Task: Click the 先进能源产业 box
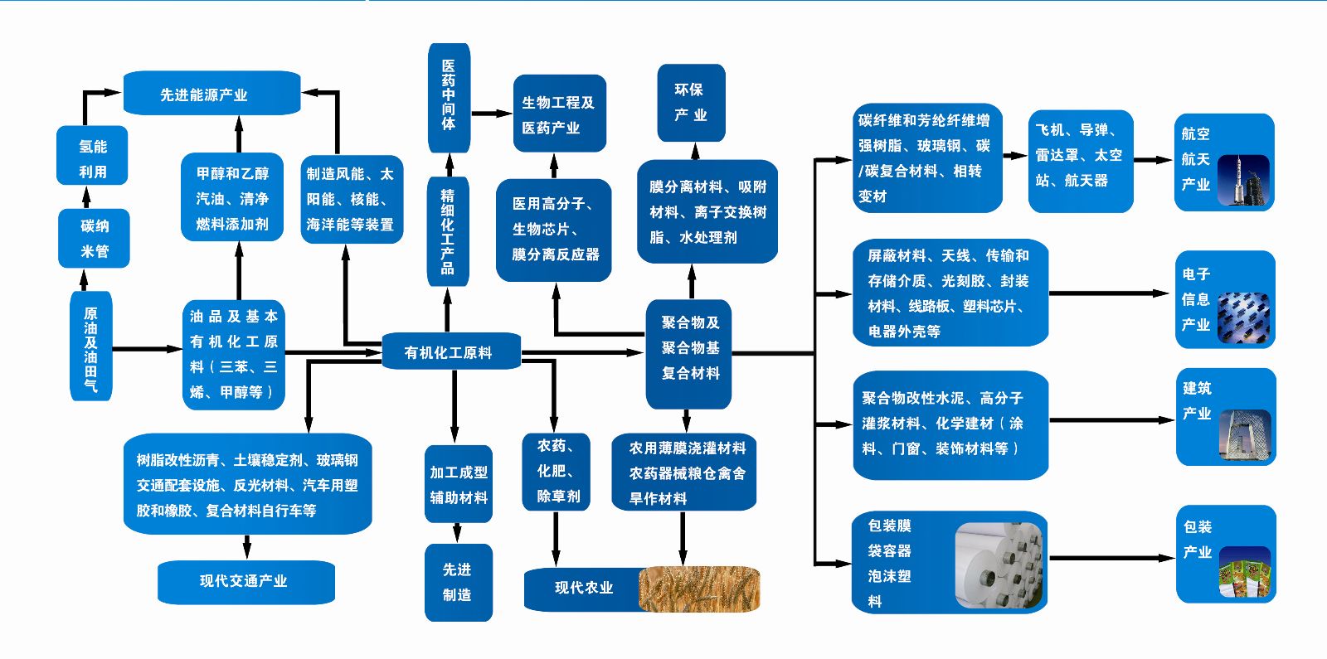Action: click(x=211, y=94)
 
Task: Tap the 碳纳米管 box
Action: click(x=94, y=238)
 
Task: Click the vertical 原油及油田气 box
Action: click(x=90, y=346)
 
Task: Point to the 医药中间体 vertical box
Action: click(x=449, y=96)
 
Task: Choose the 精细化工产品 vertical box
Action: click(x=448, y=231)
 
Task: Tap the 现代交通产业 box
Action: click(x=245, y=581)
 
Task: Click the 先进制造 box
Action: click(x=458, y=582)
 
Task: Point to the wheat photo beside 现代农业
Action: click(x=700, y=589)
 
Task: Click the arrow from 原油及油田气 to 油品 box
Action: click(x=147, y=349)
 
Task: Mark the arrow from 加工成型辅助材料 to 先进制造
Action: click(x=458, y=532)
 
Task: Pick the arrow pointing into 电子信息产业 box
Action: click(x=1111, y=293)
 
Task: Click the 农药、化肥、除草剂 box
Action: click(x=557, y=471)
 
